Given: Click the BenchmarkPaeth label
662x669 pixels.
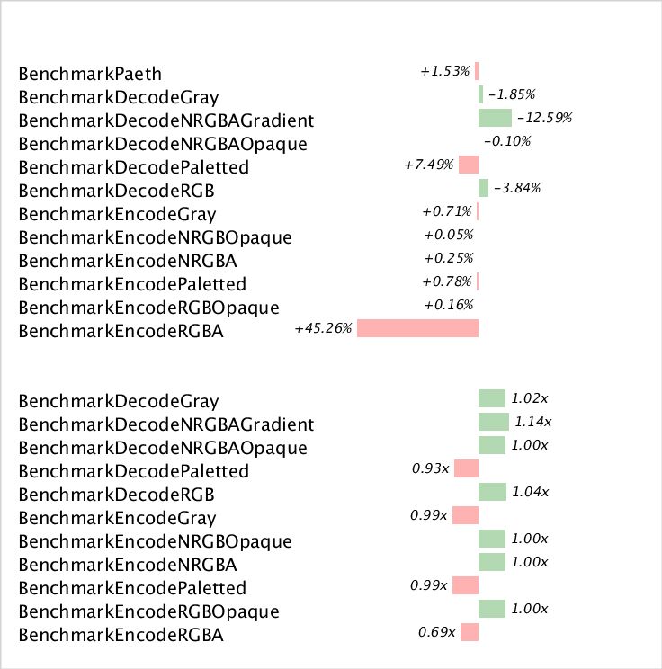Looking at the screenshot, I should point(90,73).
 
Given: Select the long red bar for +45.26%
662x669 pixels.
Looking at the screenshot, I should point(417,328).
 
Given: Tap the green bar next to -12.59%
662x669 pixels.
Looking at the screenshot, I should point(495,118).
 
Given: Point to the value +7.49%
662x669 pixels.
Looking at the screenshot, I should point(429,165).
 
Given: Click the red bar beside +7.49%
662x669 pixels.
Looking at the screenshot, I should point(469,165).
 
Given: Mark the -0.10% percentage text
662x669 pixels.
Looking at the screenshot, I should point(508,141).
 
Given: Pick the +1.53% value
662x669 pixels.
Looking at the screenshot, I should point(445,71).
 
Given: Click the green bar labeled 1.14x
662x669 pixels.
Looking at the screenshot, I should point(494,422).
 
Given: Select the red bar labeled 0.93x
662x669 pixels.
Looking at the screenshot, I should point(467,468).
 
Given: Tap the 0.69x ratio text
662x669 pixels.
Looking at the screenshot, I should point(437,632).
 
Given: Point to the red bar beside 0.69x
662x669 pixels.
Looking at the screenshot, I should point(470,632).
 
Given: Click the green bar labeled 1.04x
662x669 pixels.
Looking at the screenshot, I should point(492,492).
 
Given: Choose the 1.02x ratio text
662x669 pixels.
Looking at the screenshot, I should point(530,398).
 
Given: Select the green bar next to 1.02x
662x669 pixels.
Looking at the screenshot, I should point(492,398).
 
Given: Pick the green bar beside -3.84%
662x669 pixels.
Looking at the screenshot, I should point(483,188).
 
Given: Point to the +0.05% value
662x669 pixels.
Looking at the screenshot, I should point(448,235).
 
